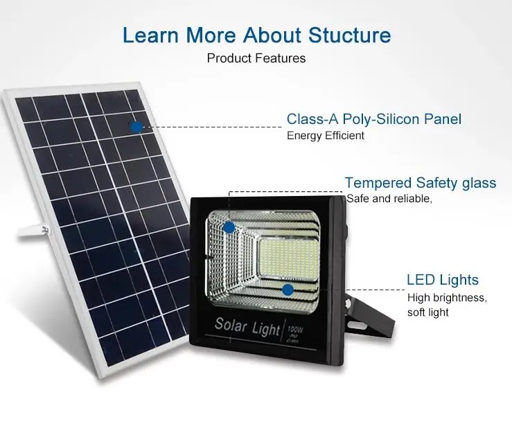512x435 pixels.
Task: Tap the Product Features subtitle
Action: tap(256, 58)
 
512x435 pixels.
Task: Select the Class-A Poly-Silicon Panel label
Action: tap(374, 119)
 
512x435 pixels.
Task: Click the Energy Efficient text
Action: tap(326, 136)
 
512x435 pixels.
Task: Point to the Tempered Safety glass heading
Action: tap(421, 183)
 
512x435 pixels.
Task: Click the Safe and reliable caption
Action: tap(389, 199)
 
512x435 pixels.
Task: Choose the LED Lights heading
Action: tap(442, 280)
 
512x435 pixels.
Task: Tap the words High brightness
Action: tap(447, 298)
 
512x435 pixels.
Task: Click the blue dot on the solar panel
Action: tap(136, 126)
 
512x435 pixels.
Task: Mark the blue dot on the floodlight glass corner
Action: tap(229, 227)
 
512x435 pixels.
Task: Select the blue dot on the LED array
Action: tap(288, 289)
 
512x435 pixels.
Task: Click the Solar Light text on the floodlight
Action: tap(247, 324)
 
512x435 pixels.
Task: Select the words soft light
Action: tap(428, 312)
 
